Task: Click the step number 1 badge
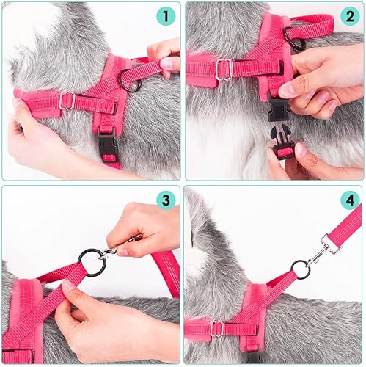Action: tap(166, 15)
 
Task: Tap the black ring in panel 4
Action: tap(301, 268)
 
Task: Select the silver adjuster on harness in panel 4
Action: tap(217, 328)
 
